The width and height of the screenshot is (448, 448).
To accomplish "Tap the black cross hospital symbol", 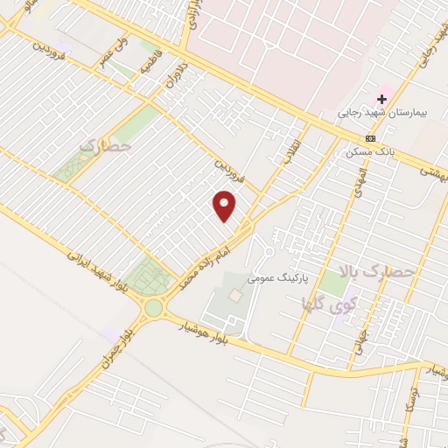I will click(x=382, y=99).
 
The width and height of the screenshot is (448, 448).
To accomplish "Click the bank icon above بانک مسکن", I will click(x=371, y=138).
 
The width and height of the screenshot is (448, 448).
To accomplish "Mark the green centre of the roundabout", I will click(x=155, y=307).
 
